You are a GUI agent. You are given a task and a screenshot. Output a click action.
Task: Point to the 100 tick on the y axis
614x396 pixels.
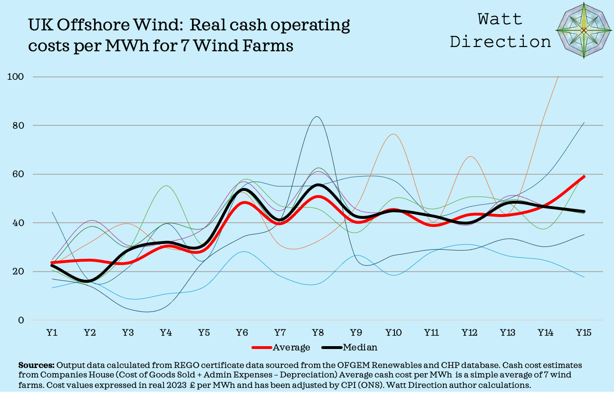[x=18, y=77]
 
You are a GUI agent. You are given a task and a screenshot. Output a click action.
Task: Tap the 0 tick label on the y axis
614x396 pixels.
[x=21, y=321]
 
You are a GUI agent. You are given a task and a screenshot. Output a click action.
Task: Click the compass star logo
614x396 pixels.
[x=584, y=30]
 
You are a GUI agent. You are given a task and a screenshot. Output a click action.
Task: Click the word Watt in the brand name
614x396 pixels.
[x=500, y=19]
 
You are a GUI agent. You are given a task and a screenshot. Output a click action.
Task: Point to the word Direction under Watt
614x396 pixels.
[x=500, y=41]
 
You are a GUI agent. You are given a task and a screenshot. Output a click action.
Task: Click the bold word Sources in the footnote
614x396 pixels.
[x=36, y=366]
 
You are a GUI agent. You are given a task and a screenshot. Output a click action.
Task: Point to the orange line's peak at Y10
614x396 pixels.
[x=393, y=134]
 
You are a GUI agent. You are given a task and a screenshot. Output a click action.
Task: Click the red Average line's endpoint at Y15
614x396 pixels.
[x=584, y=177]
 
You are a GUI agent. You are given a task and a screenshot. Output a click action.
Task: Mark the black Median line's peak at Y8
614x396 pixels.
[x=317, y=185]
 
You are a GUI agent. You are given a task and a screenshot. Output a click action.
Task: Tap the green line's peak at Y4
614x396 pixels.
[x=165, y=186]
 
